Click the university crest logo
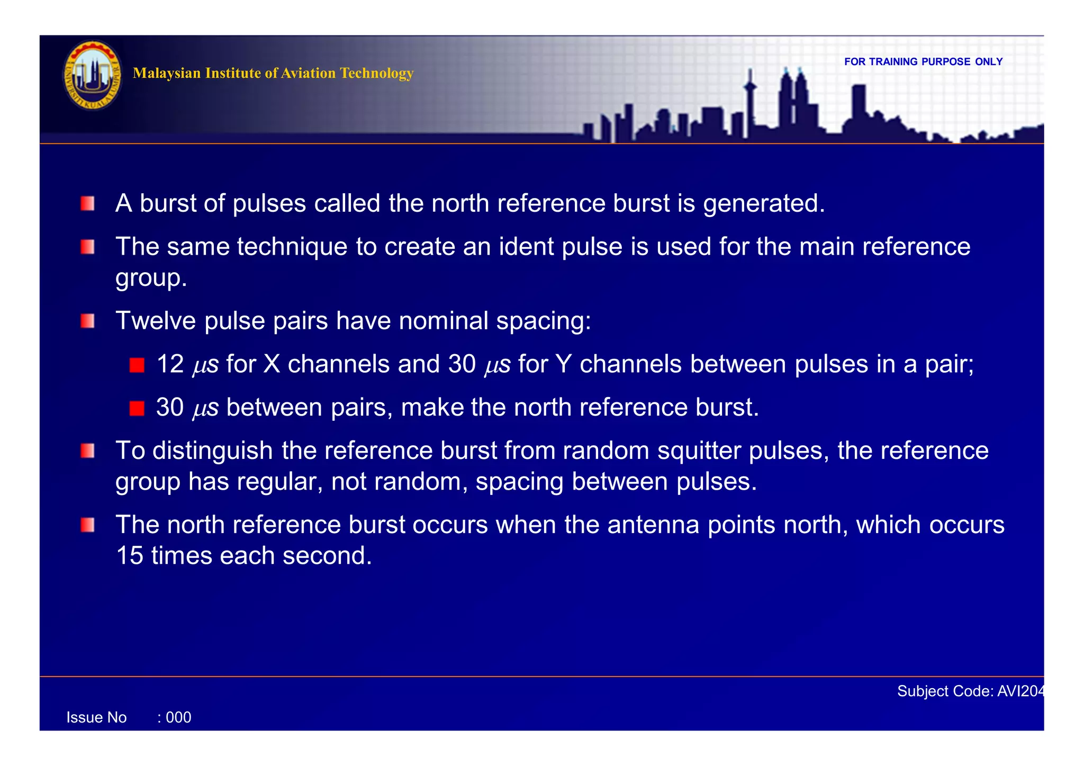click(x=92, y=76)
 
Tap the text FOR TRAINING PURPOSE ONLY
click(x=923, y=62)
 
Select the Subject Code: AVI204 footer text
click(x=970, y=691)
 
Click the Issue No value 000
click(x=178, y=717)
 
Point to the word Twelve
click(x=156, y=321)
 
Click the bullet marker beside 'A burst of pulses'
click(x=88, y=204)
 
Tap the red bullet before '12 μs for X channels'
click(x=137, y=365)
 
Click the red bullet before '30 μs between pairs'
click(x=137, y=408)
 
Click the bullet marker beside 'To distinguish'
click(x=88, y=451)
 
